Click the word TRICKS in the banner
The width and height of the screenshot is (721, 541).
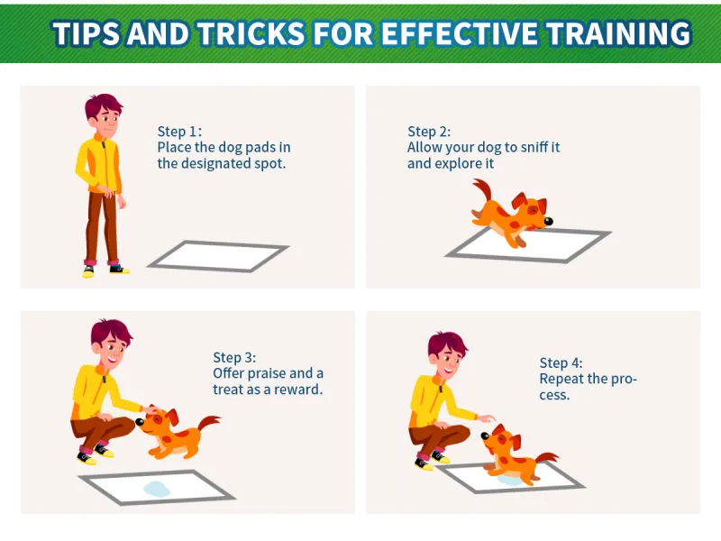click(251, 33)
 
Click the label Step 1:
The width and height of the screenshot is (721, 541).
click(179, 132)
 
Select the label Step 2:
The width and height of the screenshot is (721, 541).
click(429, 132)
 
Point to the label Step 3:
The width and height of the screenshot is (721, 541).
click(234, 357)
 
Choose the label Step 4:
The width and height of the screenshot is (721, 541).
click(561, 363)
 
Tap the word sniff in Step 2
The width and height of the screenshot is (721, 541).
click(534, 147)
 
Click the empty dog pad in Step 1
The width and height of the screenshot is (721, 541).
click(217, 256)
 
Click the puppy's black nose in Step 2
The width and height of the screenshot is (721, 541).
click(548, 221)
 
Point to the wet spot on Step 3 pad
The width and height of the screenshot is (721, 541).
click(157, 489)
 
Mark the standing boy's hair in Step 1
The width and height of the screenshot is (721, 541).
click(103, 105)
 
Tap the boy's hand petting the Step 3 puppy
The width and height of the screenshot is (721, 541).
click(151, 409)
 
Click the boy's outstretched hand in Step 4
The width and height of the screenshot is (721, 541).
click(486, 418)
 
